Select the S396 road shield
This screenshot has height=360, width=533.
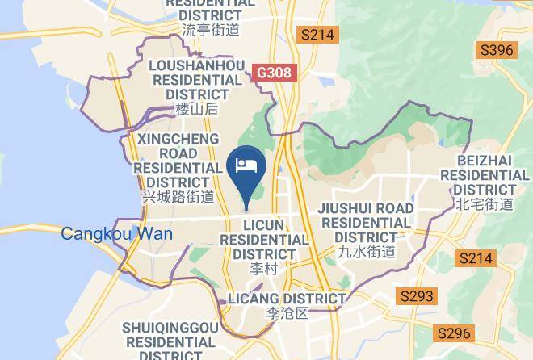click(497, 51)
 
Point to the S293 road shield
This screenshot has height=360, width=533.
click(417, 296)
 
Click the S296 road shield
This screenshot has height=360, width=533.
click(453, 333)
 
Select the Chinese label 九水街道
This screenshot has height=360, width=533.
click(366, 252)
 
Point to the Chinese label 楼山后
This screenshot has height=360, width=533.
click(197, 109)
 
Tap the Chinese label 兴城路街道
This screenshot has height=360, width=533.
click(178, 197)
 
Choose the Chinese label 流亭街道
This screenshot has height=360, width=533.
click(211, 30)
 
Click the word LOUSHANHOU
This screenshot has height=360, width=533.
click(197, 65)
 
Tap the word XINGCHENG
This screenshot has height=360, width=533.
click(178, 139)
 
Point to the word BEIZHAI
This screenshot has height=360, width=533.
click(482, 160)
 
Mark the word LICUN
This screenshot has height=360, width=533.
click(263, 225)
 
